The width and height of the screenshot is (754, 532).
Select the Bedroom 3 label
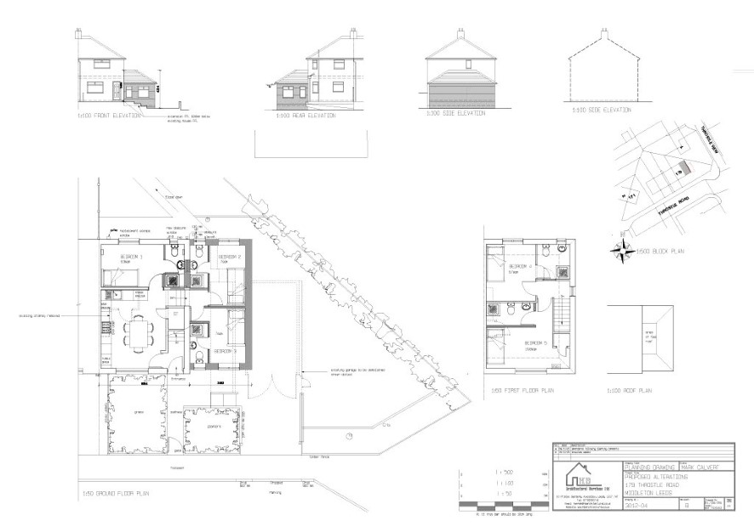(224, 350)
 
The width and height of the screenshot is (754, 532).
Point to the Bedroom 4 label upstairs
(521, 266)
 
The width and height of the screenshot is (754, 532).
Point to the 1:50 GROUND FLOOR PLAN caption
(107, 494)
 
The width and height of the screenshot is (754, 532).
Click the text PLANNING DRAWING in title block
(651, 467)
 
